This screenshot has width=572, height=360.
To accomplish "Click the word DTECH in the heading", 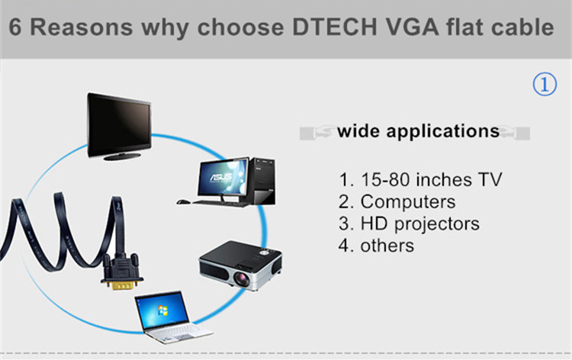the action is (335, 27).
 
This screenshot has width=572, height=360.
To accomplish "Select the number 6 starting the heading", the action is (15, 27).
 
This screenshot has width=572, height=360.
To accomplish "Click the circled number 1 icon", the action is (545, 84).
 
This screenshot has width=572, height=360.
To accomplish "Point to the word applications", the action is (443, 132).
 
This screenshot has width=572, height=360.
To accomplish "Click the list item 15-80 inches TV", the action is (420, 179).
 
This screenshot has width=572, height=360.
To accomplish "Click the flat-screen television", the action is (119, 126).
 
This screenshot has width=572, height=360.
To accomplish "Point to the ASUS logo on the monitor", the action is (221, 177).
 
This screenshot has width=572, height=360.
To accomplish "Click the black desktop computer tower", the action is (262, 181).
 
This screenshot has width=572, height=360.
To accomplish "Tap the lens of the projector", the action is (242, 279).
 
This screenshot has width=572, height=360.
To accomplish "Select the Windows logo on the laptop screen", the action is (162, 311).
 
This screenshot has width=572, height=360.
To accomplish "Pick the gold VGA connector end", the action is (122, 285).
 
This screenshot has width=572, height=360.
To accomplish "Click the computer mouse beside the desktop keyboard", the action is (184, 201).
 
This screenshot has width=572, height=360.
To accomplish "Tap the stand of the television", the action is (122, 156).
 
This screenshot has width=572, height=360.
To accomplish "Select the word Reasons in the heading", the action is (82, 27).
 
